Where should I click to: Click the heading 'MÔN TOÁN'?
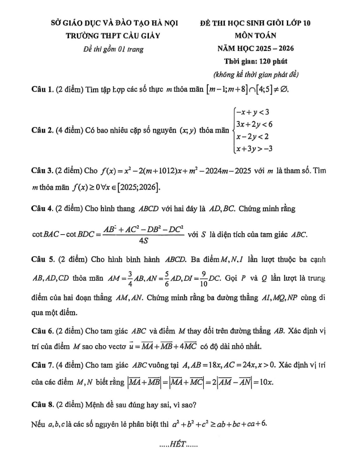(x=255, y=36)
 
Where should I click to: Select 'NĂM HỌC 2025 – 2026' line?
(x=255, y=49)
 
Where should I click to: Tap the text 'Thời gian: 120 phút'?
(x=255, y=62)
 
